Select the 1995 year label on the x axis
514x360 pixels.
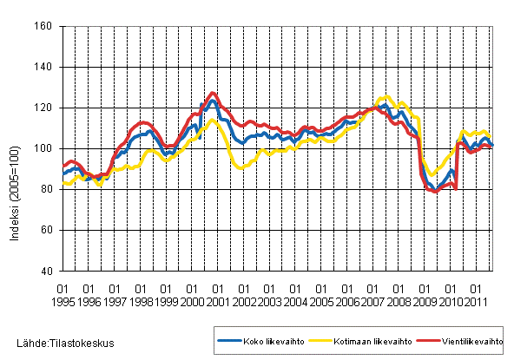pos(63,301)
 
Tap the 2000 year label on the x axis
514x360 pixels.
pos(193,301)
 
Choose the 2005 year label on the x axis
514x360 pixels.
pos(323,301)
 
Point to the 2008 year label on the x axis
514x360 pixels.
pos(400,301)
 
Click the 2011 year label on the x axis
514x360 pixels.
pos(478,301)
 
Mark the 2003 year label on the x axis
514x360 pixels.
pos(271,301)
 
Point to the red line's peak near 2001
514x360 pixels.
pos(214,93)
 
